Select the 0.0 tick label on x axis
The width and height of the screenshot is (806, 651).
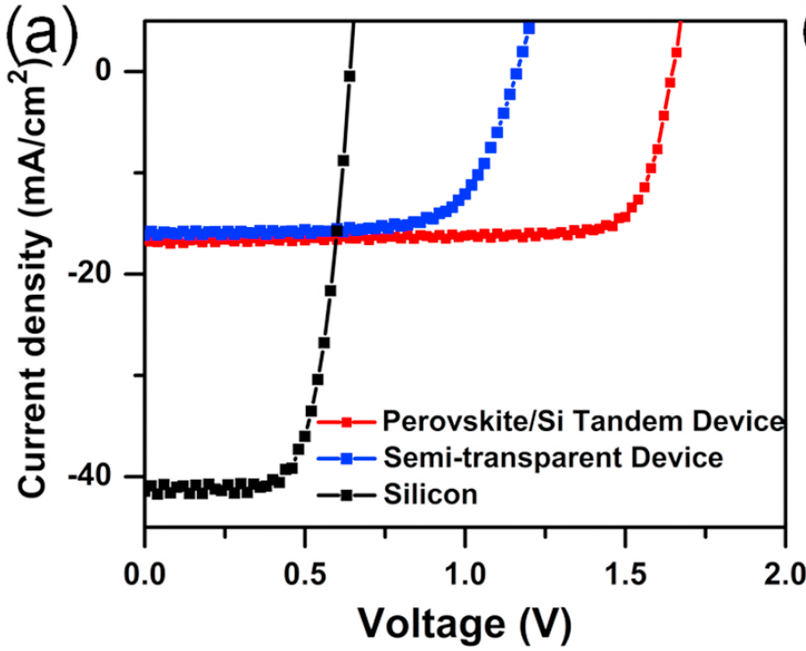tap(144, 569)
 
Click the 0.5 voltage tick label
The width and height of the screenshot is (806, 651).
tap(304, 569)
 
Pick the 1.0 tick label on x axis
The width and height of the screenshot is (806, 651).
tap(465, 569)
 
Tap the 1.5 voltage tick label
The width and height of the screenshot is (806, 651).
tap(625, 569)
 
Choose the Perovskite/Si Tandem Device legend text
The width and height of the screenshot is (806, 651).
tap(583, 420)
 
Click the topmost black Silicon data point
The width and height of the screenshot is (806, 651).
tap(350, 77)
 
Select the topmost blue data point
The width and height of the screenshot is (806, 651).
tap(529, 28)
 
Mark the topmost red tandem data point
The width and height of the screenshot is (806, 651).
tap(677, 53)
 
